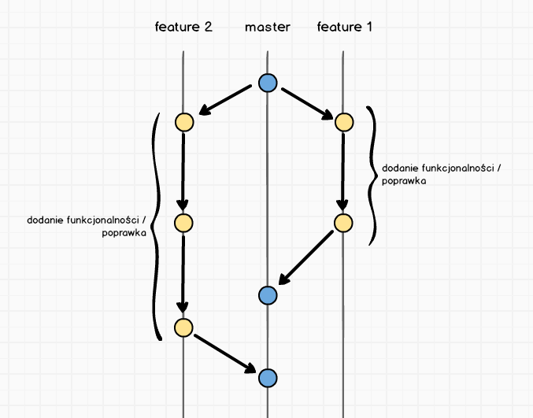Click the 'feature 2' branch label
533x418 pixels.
(x=183, y=27)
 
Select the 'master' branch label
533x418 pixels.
(x=268, y=27)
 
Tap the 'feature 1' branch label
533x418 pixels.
(x=344, y=27)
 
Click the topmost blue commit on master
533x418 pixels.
(x=268, y=82)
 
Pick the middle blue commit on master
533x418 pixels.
(x=268, y=295)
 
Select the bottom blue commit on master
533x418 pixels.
(x=268, y=377)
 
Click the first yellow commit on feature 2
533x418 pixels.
(x=183, y=122)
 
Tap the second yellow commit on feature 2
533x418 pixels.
(x=183, y=223)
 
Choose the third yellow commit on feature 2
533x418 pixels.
(x=183, y=327)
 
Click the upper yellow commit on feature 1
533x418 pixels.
(x=344, y=122)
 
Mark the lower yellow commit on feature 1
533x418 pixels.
(x=344, y=223)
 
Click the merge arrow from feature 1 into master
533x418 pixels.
(x=306, y=259)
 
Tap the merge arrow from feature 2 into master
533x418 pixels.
(x=225, y=352)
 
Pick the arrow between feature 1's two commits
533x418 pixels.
(x=344, y=172)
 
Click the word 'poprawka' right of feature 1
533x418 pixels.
(x=403, y=181)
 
